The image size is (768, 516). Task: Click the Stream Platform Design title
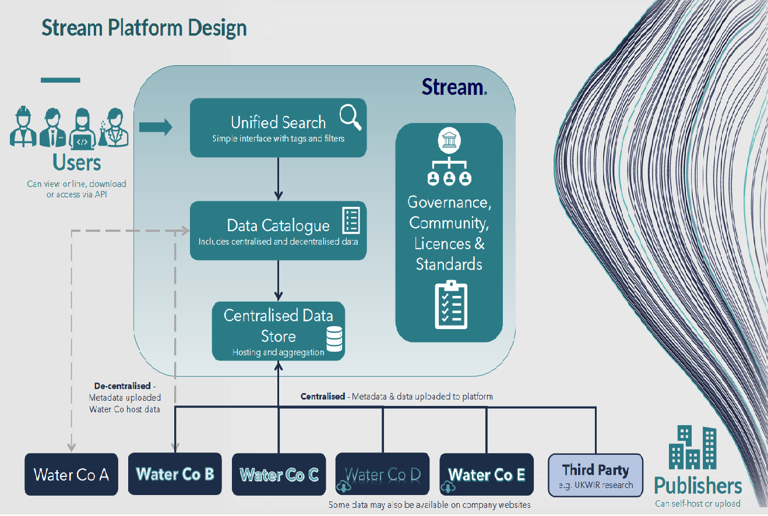144,28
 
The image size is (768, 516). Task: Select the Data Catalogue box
278,231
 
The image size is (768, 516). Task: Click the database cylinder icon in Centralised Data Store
334,339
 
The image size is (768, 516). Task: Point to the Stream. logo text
454,87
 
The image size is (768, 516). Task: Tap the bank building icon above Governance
449,140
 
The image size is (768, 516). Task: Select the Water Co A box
71,475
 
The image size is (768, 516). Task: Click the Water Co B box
175,474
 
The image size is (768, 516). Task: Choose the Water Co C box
279,475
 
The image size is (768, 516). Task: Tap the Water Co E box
486,475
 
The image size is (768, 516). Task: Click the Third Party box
596,475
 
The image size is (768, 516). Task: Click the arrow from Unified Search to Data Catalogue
279,178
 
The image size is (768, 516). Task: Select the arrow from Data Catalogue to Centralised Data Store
279,280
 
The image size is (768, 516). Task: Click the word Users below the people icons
76,161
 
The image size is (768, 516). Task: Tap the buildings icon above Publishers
692,447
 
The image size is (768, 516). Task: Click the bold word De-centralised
122,386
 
